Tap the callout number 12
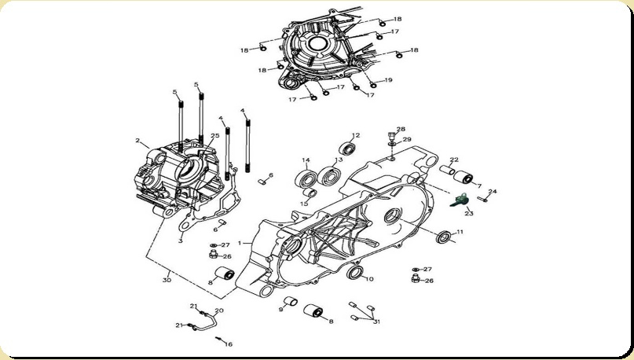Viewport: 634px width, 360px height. pos(355,135)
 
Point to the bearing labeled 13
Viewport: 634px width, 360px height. pos(329,176)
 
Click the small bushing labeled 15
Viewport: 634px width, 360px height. pos(310,193)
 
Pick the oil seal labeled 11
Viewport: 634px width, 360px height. pos(445,237)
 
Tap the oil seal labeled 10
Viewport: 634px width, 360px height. pos(355,272)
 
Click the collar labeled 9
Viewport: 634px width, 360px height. pos(291,302)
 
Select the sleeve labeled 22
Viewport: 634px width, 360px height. pos(448,170)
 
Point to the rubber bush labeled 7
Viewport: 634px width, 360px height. pos(464,177)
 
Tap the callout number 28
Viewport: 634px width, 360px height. pos(401,130)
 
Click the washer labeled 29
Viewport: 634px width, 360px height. pos(392,143)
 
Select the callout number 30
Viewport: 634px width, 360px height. pos(167,280)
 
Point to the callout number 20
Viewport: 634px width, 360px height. pos(218,311)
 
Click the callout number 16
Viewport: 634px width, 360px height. pos(229,344)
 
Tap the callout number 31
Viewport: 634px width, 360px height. pos(376,321)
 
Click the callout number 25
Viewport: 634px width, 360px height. pos(215,135)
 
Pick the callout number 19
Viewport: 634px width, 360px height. pos(388,80)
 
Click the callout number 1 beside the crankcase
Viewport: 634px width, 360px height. pos(240,243)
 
